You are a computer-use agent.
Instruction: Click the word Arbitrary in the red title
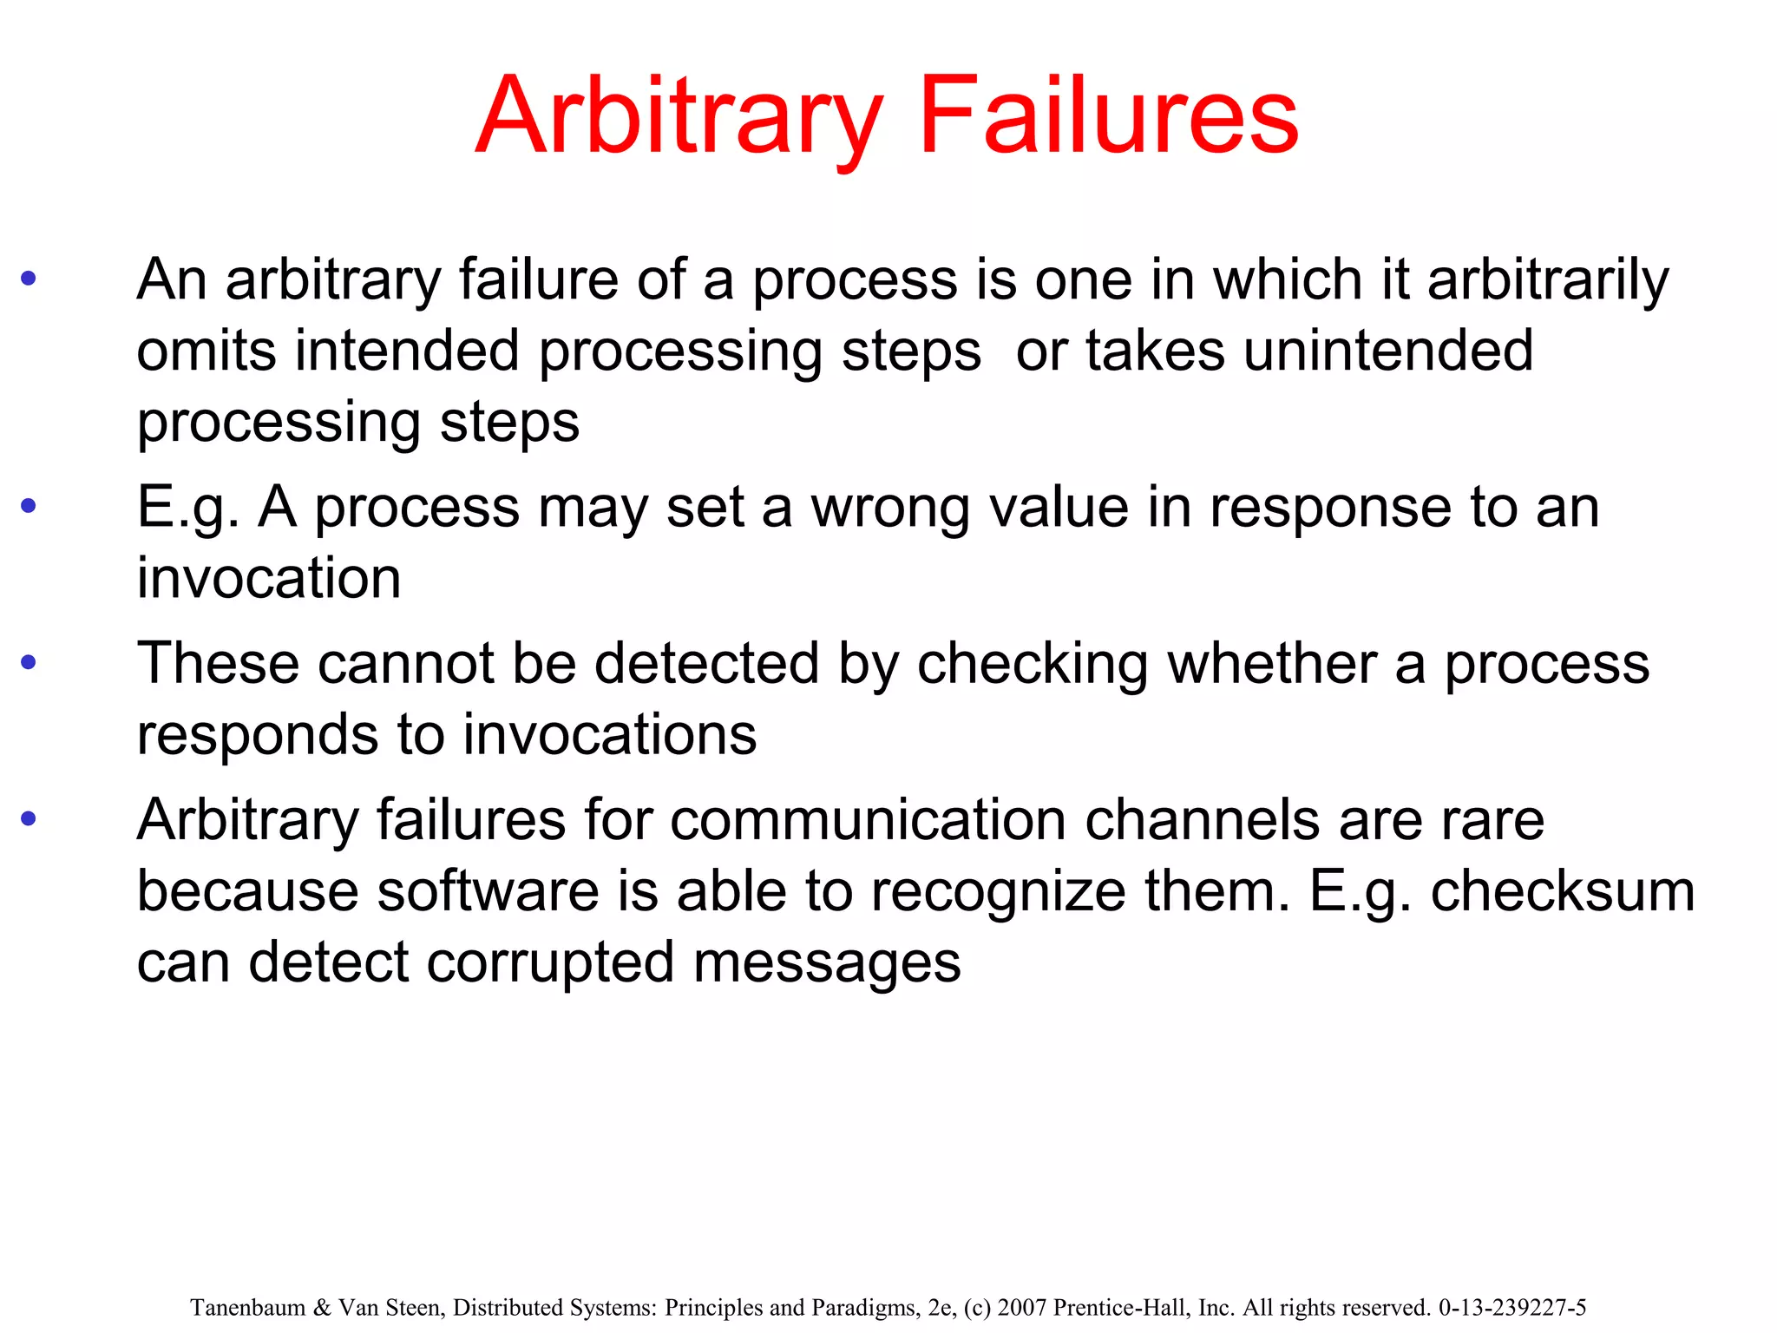pos(679,117)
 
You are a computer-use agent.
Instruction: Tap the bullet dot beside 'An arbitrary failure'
pos(29,279)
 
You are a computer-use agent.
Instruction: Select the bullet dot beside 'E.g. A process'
pos(29,505)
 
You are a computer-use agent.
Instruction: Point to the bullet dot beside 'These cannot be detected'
pos(29,663)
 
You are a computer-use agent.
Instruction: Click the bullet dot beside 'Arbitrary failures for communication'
pos(29,818)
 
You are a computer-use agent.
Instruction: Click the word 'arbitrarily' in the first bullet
pos(1548,280)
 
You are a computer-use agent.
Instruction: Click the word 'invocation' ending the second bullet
pos(269,578)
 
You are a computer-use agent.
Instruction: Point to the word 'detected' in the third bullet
pos(706,664)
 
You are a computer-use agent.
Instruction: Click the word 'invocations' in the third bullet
pos(609,735)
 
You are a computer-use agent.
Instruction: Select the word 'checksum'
pos(1563,891)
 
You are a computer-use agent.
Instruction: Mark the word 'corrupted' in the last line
pos(550,962)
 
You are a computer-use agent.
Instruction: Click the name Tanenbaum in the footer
pos(247,1308)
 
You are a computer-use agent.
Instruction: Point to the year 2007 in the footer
pos(1023,1308)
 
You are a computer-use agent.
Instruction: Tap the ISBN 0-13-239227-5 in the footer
pos(1512,1308)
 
